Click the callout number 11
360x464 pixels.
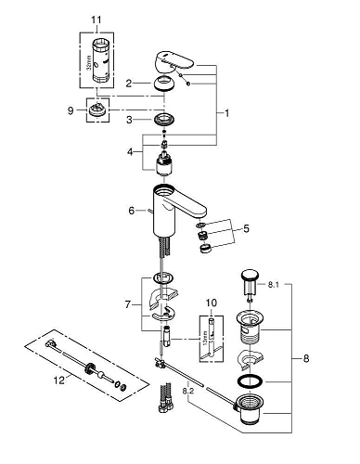click(97, 19)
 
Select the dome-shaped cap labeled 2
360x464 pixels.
click(165, 84)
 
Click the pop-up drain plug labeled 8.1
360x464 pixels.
click(250, 277)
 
